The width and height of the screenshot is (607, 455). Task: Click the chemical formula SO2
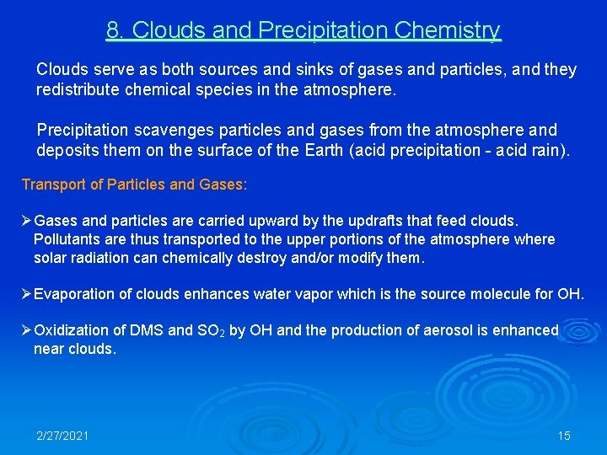pyautogui.click(x=210, y=331)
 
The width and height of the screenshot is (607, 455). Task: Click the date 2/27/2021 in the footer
pyautogui.click(x=62, y=436)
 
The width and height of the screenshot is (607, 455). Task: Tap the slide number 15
pyautogui.click(x=564, y=436)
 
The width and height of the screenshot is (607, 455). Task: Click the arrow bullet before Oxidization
pyautogui.click(x=26, y=330)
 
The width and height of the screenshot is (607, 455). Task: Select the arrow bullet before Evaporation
pyautogui.click(x=26, y=294)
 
